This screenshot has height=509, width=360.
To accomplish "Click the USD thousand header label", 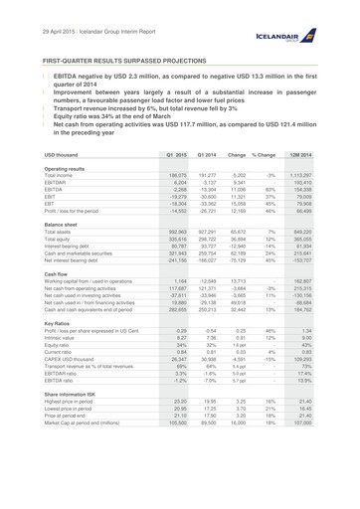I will (85, 155).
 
